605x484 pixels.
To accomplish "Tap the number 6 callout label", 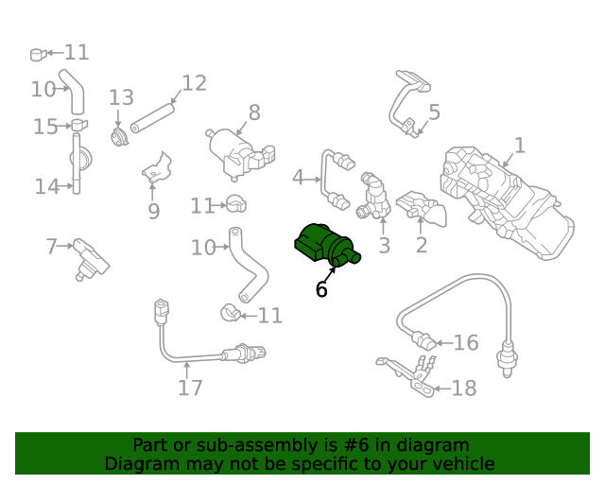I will click(321, 289).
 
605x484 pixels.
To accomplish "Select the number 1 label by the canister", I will click(519, 146).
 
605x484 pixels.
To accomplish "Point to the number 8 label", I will click(254, 112).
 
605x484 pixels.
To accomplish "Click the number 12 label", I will click(194, 83).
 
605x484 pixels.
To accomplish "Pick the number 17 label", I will click(190, 387).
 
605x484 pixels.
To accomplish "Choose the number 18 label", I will click(464, 388).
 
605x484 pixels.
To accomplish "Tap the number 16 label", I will click(466, 342).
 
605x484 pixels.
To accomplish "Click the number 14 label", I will click(47, 186).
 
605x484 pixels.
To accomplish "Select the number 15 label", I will click(45, 127).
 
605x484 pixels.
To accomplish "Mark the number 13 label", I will click(121, 97).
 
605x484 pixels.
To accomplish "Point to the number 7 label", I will click(52, 247).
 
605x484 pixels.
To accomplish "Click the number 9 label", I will click(154, 211).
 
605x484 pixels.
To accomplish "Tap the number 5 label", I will click(434, 112).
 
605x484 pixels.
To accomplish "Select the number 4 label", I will click(298, 177).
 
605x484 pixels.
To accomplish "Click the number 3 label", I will click(384, 247).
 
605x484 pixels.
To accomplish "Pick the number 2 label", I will click(422, 246).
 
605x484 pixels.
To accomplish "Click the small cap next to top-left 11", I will click(38, 54).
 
